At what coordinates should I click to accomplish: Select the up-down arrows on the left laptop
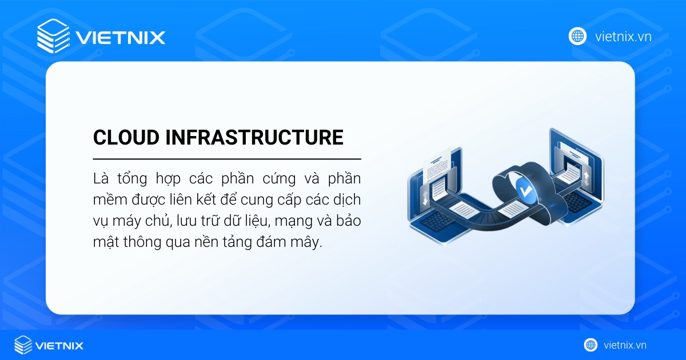(425, 198)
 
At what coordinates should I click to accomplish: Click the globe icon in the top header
(577, 36)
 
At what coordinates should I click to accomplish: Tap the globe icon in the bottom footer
(591, 345)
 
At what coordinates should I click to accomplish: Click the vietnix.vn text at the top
(623, 37)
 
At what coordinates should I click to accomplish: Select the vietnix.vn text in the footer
(625, 345)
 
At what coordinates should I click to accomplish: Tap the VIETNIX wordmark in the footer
(60, 345)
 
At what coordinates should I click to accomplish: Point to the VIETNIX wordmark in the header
(120, 38)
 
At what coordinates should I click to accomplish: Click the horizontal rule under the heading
(226, 158)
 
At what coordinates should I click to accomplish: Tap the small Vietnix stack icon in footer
(23, 345)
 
